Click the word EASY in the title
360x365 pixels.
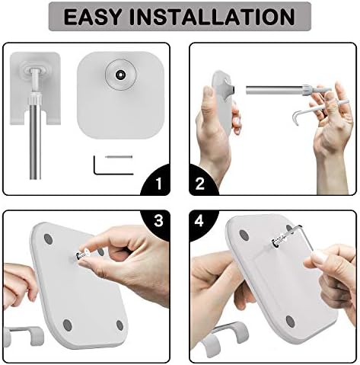92,17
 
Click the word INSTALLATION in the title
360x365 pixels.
212,17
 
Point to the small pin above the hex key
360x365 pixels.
119,157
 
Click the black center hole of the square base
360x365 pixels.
120,75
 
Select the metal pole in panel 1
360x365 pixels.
35,137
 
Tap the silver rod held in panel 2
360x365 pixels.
275,90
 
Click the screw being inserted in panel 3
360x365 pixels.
82,255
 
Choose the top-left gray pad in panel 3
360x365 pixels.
47,239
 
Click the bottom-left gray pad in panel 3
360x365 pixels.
67,325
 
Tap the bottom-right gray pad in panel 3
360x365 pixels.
119,325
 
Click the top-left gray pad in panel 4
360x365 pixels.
244,235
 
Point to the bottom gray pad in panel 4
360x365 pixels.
290,322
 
